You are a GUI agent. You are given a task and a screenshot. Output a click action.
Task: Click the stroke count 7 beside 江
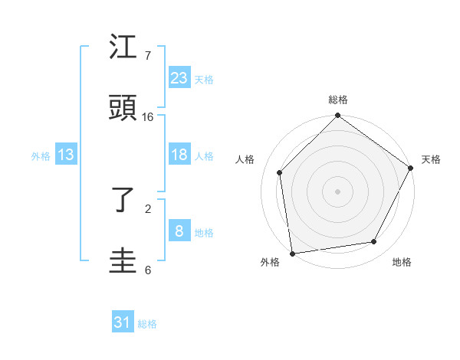click(148, 57)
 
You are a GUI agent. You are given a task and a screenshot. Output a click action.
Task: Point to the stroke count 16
click(148, 117)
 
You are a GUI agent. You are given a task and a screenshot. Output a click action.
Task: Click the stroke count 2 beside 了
click(148, 208)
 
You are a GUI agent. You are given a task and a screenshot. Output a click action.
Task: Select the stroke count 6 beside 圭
click(148, 270)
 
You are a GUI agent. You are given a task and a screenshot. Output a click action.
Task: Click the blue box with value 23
click(179, 77)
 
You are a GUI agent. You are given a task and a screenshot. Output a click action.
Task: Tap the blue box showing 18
click(179, 155)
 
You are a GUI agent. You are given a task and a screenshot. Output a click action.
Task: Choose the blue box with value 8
click(179, 231)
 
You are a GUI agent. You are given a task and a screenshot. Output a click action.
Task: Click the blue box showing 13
click(66, 155)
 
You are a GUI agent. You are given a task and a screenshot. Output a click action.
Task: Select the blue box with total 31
click(123, 322)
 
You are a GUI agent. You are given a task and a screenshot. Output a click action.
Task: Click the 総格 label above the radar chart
click(338, 100)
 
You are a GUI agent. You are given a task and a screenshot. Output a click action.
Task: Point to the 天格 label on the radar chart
click(431, 159)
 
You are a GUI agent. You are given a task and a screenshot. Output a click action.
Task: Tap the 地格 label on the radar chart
click(402, 263)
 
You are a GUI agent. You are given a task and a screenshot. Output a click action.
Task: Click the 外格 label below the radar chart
click(270, 263)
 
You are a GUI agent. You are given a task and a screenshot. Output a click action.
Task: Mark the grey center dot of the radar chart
click(338, 191)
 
